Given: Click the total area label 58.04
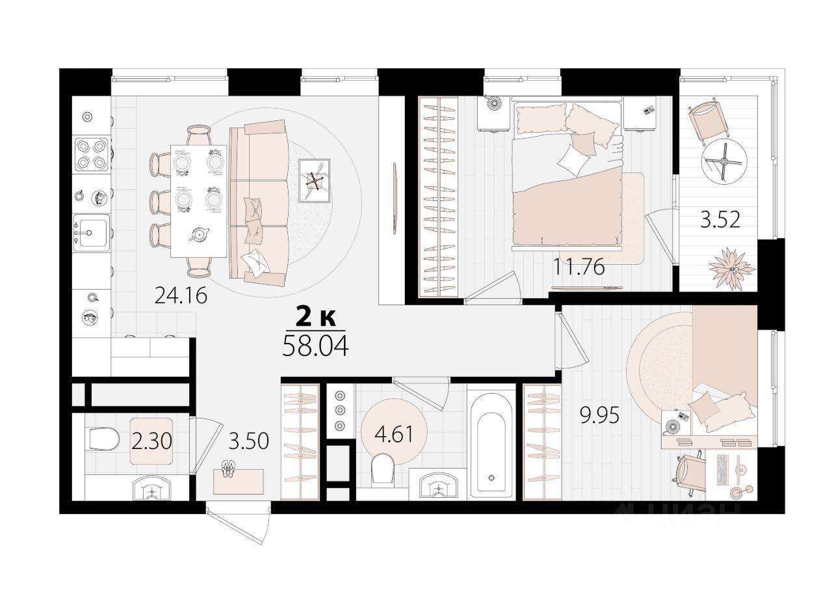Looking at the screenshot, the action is click(315, 346).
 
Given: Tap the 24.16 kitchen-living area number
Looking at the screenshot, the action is click(181, 296).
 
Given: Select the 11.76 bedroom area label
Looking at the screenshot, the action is click(578, 267).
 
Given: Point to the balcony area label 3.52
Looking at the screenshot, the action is click(720, 220).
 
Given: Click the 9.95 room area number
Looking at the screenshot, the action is click(600, 415).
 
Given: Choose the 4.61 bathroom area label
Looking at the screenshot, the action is click(394, 434).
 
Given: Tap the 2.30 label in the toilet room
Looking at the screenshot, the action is click(151, 441).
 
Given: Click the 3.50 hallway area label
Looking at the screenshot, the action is click(248, 441).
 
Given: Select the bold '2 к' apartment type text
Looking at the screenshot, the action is click(316, 317).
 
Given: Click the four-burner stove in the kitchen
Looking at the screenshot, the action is click(92, 154).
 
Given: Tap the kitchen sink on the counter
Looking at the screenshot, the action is click(92, 233).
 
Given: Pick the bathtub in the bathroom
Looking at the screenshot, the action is click(491, 443).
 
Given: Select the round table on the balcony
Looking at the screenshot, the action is click(724, 161).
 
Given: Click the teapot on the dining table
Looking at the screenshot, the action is click(200, 234).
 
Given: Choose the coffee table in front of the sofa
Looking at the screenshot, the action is click(314, 181).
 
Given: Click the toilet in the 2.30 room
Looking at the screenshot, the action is click(103, 439).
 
